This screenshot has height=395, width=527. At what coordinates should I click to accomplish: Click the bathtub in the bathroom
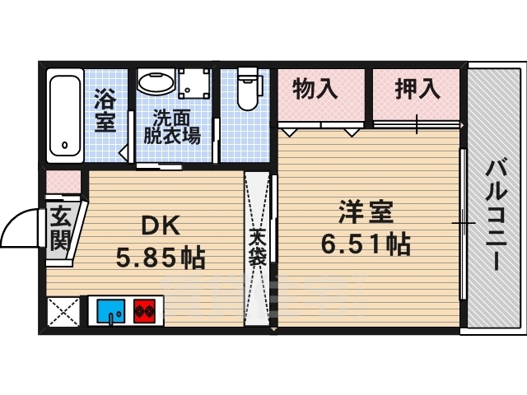coord(63,114)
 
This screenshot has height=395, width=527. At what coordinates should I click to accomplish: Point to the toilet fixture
coord(247,91)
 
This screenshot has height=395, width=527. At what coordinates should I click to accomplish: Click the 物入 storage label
coord(315,89)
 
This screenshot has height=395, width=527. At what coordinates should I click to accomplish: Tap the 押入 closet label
coord(415,89)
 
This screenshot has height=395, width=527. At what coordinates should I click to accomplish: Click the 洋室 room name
coord(366,212)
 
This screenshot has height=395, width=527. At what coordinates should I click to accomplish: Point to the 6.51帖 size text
coord(366,245)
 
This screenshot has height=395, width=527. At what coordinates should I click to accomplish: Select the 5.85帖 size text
coord(160,258)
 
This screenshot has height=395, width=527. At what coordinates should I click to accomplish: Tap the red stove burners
coord(145,312)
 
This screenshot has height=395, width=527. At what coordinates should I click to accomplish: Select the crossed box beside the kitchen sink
coord(63,312)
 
